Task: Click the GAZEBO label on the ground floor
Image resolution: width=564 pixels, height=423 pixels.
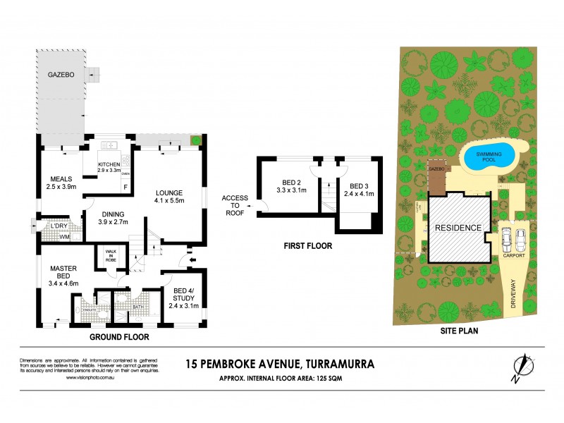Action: (x=62, y=74)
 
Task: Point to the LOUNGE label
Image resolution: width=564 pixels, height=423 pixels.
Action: (x=170, y=192)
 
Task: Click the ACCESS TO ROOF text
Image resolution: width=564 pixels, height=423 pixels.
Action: (x=235, y=205)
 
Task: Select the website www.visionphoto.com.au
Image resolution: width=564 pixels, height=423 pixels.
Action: (x=90, y=379)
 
